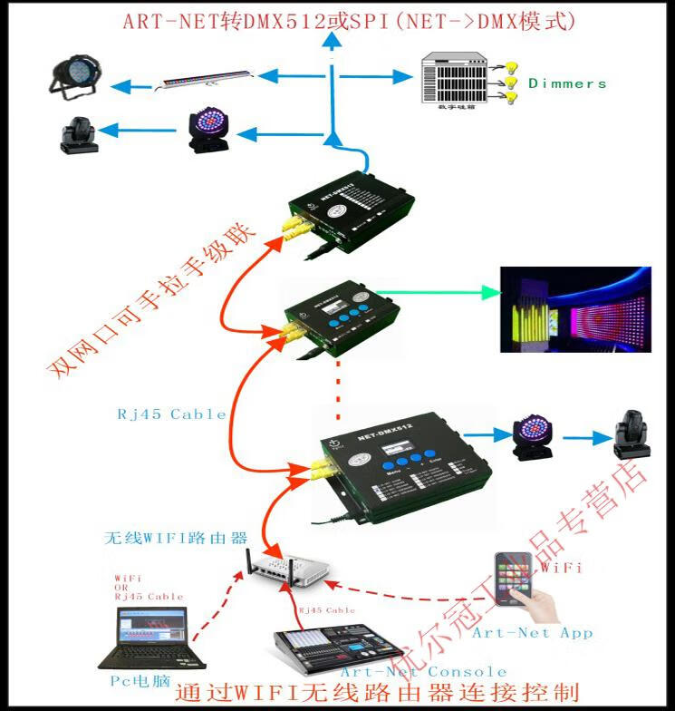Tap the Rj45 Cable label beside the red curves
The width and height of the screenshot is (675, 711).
(x=170, y=414)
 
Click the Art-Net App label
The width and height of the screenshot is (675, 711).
(x=532, y=632)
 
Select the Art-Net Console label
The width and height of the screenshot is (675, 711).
(x=423, y=672)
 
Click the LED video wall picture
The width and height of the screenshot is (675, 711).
(x=576, y=309)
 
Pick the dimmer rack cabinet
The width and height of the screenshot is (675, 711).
(x=455, y=80)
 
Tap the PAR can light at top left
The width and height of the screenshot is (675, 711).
(x=74, y=77)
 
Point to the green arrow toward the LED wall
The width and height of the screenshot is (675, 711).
(x=435, y=292)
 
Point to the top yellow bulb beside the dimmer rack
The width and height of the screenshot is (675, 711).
(x=509, y=66)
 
